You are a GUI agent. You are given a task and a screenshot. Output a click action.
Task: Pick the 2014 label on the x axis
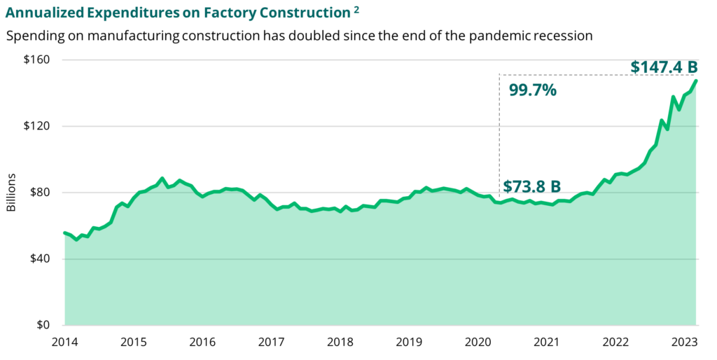click(x=64, y=342)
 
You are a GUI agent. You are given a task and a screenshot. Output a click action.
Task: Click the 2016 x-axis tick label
click(x=202, y=342)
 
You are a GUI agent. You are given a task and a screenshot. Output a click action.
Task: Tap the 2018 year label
click(x=340, y=342)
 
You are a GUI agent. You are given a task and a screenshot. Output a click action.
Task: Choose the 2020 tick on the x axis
click(x=477, y=342)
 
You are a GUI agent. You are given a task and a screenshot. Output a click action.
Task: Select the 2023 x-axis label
click(x=683, y=342)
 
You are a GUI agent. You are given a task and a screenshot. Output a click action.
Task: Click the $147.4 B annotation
click(x=664, y=67)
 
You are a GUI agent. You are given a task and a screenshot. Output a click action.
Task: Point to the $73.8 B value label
click(x=532, y=186)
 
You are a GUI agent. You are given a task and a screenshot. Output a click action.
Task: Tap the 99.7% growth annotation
click(x=532, y=90)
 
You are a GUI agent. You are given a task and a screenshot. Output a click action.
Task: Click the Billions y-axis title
click(x=12, y=193)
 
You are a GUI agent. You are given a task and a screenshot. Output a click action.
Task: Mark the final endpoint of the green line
click(x=697, y=81)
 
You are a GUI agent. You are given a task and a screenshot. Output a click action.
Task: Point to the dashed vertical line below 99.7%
click(x=499, y=140)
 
